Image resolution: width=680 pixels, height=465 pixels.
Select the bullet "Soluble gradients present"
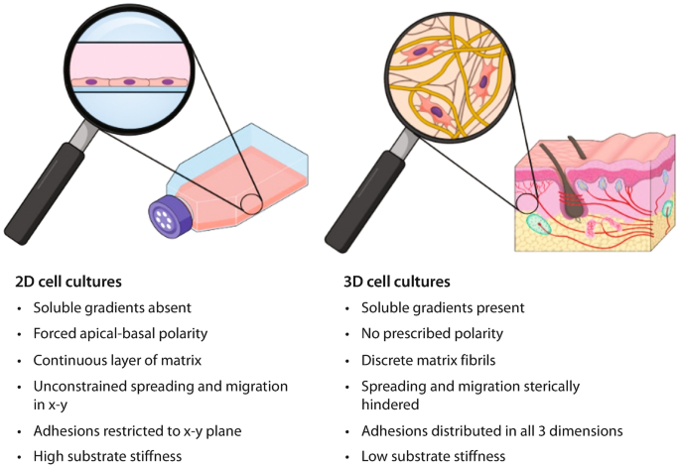coord(442,307)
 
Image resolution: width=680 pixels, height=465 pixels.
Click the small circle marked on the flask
coord(250,204)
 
